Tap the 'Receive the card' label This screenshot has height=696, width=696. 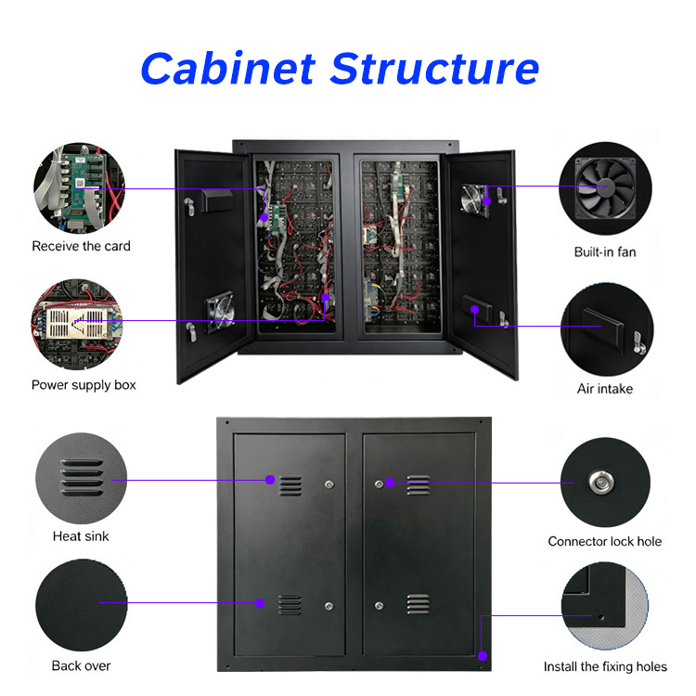(x=82, y=246)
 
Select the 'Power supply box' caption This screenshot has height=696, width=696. (x=84, y=385)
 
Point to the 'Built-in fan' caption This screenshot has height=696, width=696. (x=605, y=252)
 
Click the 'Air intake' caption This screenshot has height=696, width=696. (x=605, y=389)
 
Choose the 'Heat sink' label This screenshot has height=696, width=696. (x=81, y=536)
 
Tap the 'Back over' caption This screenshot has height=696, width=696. (x=82, y=665)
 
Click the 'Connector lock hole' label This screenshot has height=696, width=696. (x=604, y=542)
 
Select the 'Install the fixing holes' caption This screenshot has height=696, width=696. (x=605, y=666)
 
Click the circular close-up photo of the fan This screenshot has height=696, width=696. (x=605, y=188)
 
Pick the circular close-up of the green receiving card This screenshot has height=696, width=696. (x=80, y=188)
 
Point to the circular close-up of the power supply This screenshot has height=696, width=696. (x=76, y=324)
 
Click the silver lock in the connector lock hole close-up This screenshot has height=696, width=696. (x=601, y=482)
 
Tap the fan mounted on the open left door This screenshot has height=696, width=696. (x=220, y=311)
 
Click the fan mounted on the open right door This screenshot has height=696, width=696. (x=474, y=200)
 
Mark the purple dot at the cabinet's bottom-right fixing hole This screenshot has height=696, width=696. (x=483, y=655)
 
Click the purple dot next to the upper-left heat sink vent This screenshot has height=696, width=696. (x=270, y=480)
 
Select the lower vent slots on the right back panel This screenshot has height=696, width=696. (x=419, y=604)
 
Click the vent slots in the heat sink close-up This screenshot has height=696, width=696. (x=82, y=478)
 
